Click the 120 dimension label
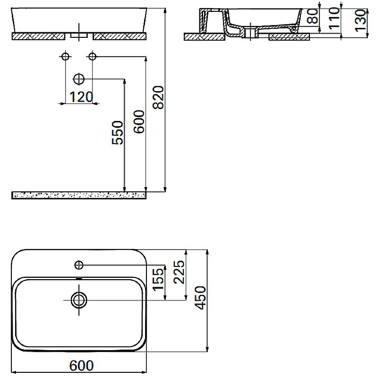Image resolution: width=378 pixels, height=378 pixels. [x=80, y=97]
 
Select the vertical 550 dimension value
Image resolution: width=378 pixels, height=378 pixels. [x=118, y=133]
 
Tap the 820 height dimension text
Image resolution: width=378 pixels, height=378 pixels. [x=159, y=97]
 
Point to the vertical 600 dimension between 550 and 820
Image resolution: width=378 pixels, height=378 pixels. [x=139, y=122]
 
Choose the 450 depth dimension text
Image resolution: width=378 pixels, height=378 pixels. [x=200, y=298]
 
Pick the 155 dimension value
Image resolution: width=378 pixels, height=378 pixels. [x=158, y=278]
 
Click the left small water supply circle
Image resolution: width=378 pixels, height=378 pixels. [x=65, y=57]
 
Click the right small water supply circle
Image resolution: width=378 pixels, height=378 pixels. [x=92, y=57]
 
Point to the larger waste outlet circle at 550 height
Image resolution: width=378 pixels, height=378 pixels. [x=79, y=78]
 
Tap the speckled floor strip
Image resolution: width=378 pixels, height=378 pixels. [x=78, y=195]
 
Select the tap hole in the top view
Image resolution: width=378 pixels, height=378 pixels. [x=79, y=263]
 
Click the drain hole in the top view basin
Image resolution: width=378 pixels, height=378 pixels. [x=79, y=299]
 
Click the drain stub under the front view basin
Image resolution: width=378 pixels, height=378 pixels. [x=79, y=35]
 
